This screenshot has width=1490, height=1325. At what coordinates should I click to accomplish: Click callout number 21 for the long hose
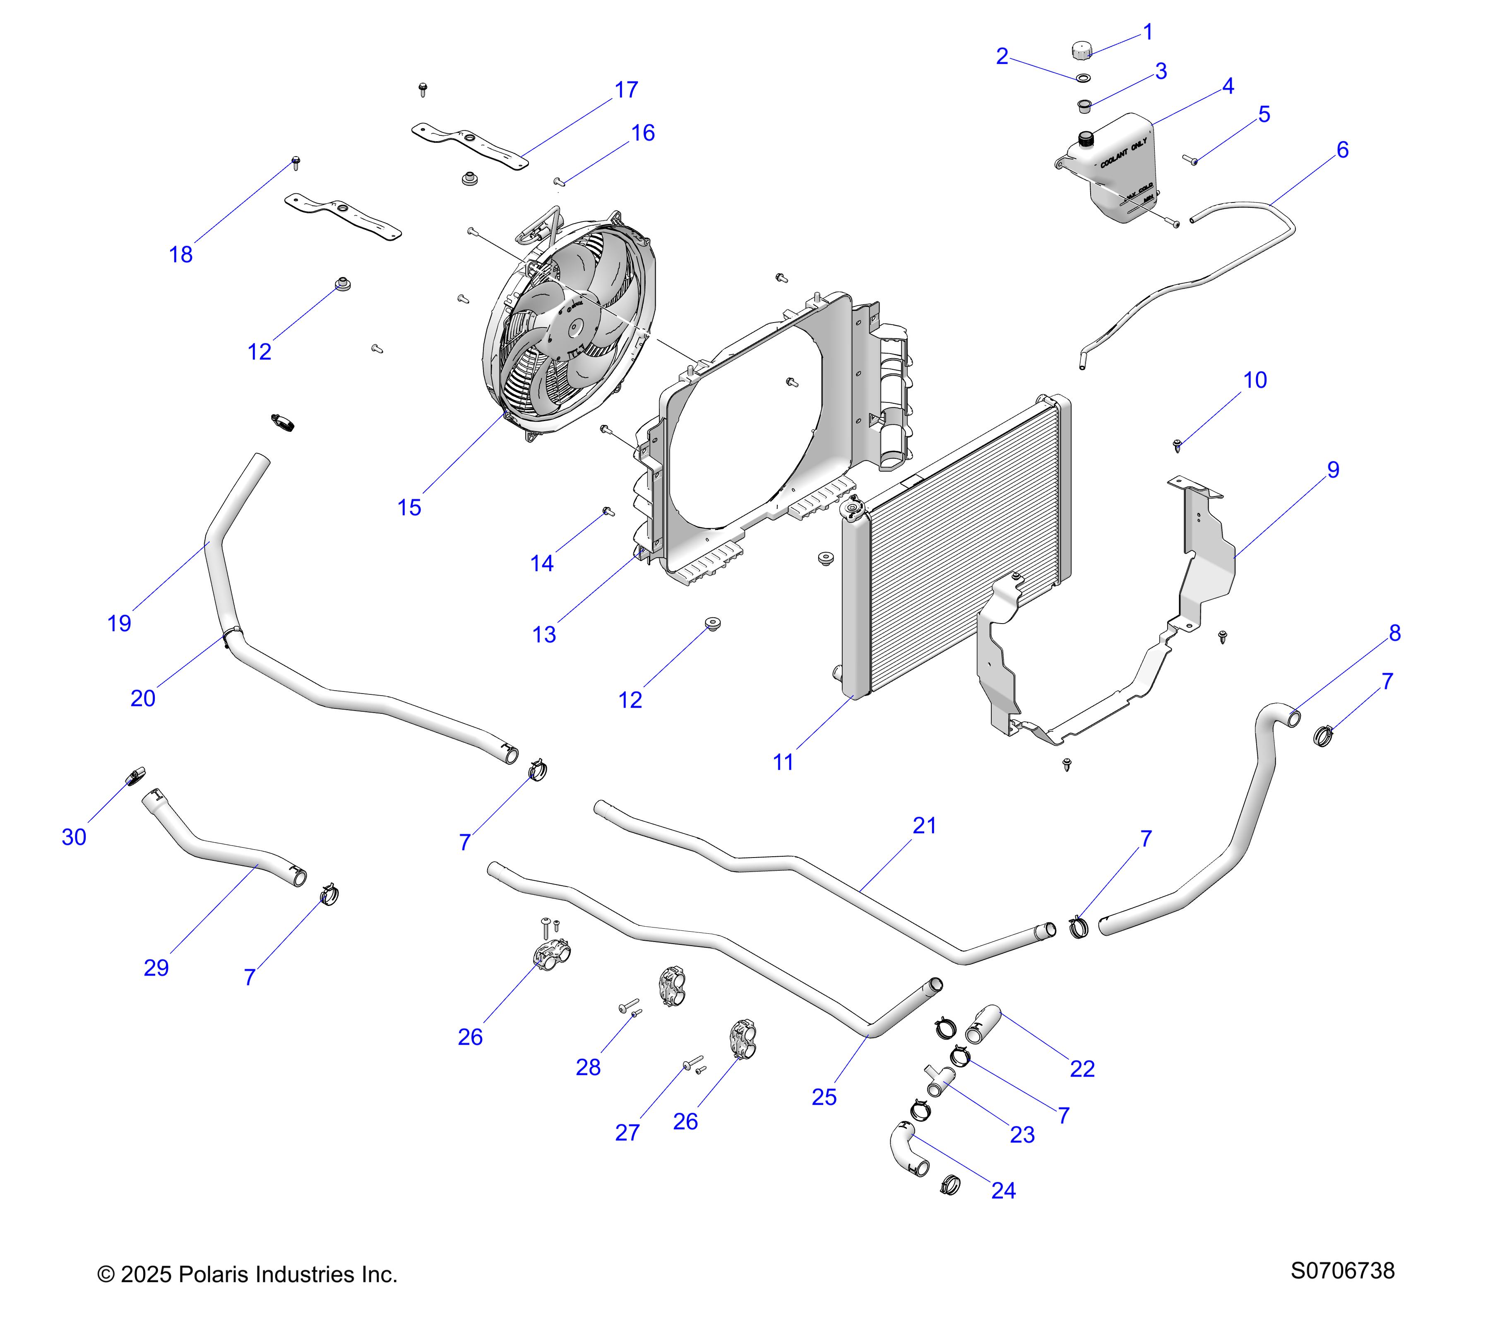924,826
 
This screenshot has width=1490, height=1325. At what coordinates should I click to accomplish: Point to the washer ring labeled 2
1084,77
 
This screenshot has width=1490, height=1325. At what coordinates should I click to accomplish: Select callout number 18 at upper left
181,255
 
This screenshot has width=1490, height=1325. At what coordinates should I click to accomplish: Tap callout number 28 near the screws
588,1067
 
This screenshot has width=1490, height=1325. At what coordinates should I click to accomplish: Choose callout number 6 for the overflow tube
1342,150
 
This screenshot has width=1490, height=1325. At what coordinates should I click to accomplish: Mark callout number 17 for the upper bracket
626,90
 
